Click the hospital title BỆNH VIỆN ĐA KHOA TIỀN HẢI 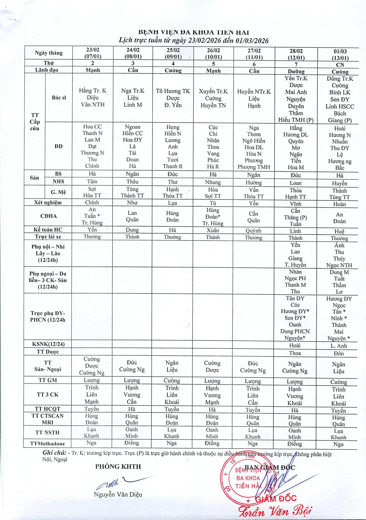(194, 32)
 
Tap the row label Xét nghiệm (48, 202)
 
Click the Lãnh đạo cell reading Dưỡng (296, 71)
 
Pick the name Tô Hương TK (173, 91)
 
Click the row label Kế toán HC (48, 229)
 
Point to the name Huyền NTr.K (254, 92)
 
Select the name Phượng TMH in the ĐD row (254, 167)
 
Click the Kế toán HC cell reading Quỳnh (254, 231)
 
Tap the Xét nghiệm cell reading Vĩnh (295, 204)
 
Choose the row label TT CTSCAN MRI (48, 419)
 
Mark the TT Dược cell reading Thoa (295, 353)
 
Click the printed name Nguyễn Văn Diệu (118, 495)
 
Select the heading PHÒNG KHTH (118, 467)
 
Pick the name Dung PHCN (295, 331)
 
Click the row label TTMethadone (47, 444)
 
